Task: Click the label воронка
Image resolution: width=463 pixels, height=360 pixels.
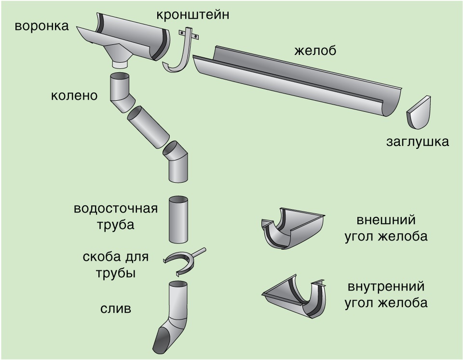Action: tap(41, 26)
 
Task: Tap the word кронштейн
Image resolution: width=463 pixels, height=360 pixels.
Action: tap(192, 15)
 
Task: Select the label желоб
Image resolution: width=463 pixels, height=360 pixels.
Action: tap(315, 51)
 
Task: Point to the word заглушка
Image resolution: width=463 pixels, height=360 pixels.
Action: tap(418, 142)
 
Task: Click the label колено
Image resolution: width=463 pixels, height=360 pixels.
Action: tap(74, 95)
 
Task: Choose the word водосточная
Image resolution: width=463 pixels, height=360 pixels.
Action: tap(116, 209)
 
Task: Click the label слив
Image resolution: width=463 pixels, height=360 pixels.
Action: tap(115, 308)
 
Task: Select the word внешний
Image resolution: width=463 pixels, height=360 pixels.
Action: tap(386, 220)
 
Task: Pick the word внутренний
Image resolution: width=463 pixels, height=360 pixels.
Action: tap(386, 287)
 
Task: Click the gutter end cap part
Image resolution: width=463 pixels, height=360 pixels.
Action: tap(418, 112)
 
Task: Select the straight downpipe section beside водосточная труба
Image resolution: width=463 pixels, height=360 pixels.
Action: tap(178, 220)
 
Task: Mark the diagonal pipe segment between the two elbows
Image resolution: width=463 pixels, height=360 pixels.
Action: tap(148, 127)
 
